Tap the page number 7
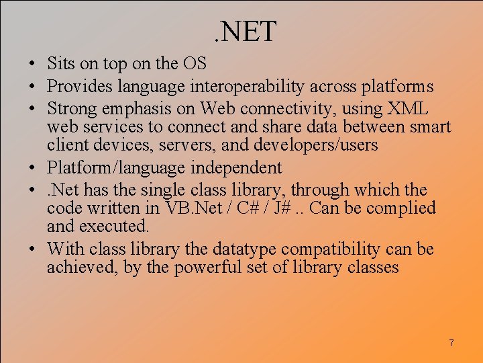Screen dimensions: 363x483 pos(451,344)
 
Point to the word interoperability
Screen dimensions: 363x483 pos(238,87)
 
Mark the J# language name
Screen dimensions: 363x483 pos(281,208)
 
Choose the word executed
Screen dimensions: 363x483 pos(113,227)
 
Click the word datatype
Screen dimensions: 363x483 pos(244,249)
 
